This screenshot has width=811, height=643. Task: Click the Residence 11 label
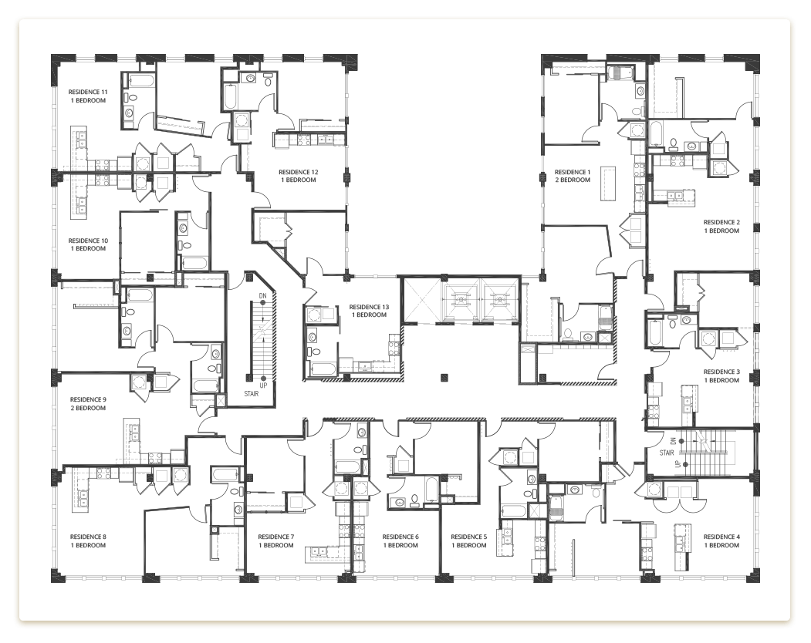(87, 96)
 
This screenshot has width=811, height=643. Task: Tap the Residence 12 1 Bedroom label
(299, 176)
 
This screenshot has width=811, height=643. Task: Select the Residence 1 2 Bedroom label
(572, 176)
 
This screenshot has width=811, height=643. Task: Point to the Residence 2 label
(721, 227)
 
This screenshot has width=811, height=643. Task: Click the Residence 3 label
(721, 376)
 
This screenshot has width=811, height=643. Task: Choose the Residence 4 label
(721, 540)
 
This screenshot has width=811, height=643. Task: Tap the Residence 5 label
(468, 541)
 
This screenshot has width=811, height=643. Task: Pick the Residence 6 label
(400, 541)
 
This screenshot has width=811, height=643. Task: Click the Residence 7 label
(275, 541)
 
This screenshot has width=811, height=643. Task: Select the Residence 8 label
(87, 541)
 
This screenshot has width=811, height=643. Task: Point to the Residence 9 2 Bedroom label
(87, 404)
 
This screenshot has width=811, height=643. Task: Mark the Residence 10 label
(87, 244)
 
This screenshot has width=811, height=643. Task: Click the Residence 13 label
(368, 311)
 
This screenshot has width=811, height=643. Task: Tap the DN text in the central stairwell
(263, 295)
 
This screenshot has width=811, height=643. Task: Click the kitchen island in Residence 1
(607, 182)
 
